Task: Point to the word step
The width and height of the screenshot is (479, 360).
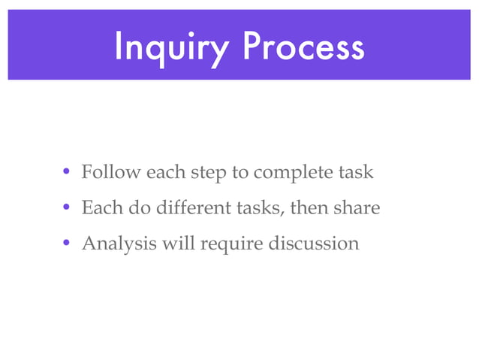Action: pyautogui.click(x=209, y=174)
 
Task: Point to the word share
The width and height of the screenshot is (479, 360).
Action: pyautogui.click(x=356, y=208)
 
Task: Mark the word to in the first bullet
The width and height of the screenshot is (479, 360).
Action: pyautogui.click(x=240, y=173)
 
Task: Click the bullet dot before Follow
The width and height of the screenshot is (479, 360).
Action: pyautogui.click(x=67, y=173)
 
